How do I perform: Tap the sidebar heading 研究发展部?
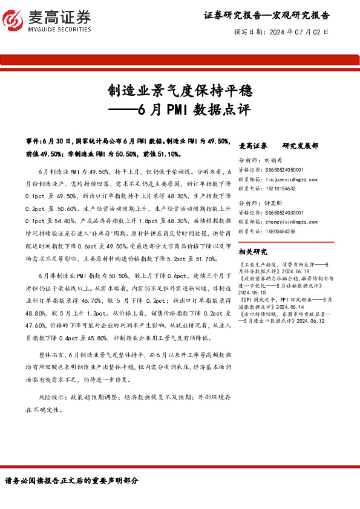[x=300, y=146]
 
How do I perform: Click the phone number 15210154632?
[x=280, y=189]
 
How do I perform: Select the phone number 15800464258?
[x=280, y=231]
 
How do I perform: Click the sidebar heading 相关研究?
[x=253, y=251]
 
